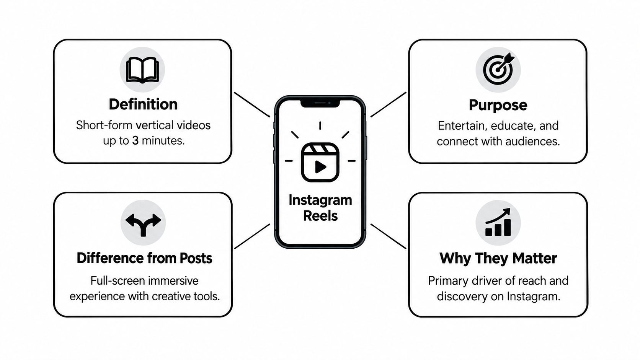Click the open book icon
142,70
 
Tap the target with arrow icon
498,69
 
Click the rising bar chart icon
498,222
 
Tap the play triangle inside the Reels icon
320,167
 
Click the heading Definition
143,104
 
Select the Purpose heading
498,106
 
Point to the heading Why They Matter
498,259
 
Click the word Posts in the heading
196,258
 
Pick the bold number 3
136,141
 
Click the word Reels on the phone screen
320,216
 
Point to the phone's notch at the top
320,103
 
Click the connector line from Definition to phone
252,104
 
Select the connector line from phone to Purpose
388,104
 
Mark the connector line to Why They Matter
388,236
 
